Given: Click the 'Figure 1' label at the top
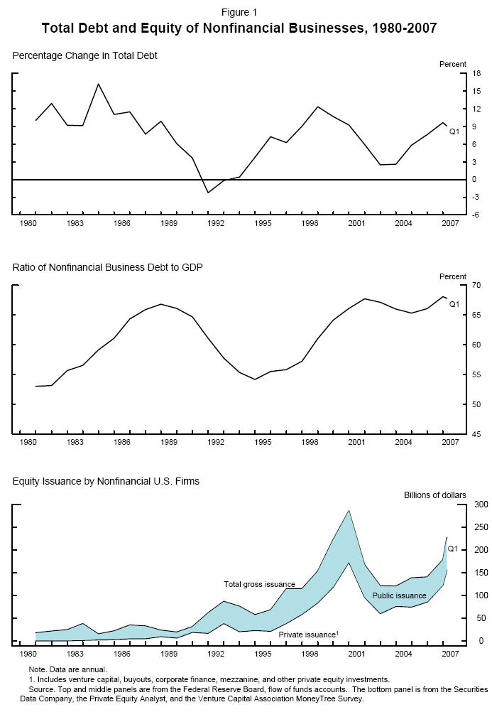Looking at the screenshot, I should (239, 12).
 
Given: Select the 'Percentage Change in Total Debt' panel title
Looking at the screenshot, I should (85, 55).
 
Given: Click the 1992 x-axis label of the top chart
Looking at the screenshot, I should (216, 224).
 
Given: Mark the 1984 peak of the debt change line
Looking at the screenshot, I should (98, 84).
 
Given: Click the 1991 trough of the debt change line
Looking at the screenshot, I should (208, 193).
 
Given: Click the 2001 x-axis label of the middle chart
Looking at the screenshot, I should (356, 443).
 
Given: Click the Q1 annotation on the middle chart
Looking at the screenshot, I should (454, 304).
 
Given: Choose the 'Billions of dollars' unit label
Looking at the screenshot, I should (435, 495).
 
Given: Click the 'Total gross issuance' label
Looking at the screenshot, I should (259, 584).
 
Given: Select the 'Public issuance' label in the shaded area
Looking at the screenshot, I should (399, 595).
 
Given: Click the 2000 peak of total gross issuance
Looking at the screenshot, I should (349, 510).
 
